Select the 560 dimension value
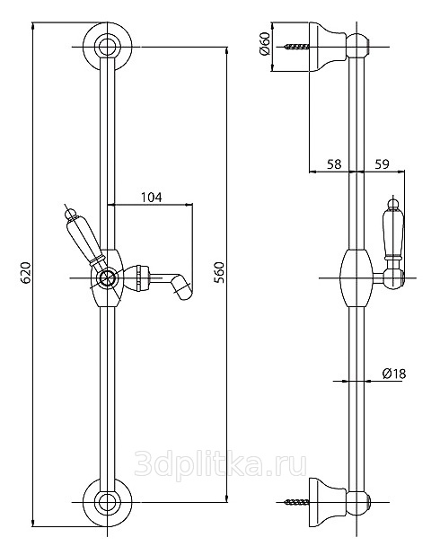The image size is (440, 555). [219, 272]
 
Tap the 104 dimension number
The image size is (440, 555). [152, 197]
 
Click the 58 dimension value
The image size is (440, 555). [334, 163]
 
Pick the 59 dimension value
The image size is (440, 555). [382, 163]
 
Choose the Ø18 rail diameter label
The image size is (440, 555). [394, 374]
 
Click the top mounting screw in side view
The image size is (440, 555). [296, 47]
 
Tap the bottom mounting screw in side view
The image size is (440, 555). [296, 501]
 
